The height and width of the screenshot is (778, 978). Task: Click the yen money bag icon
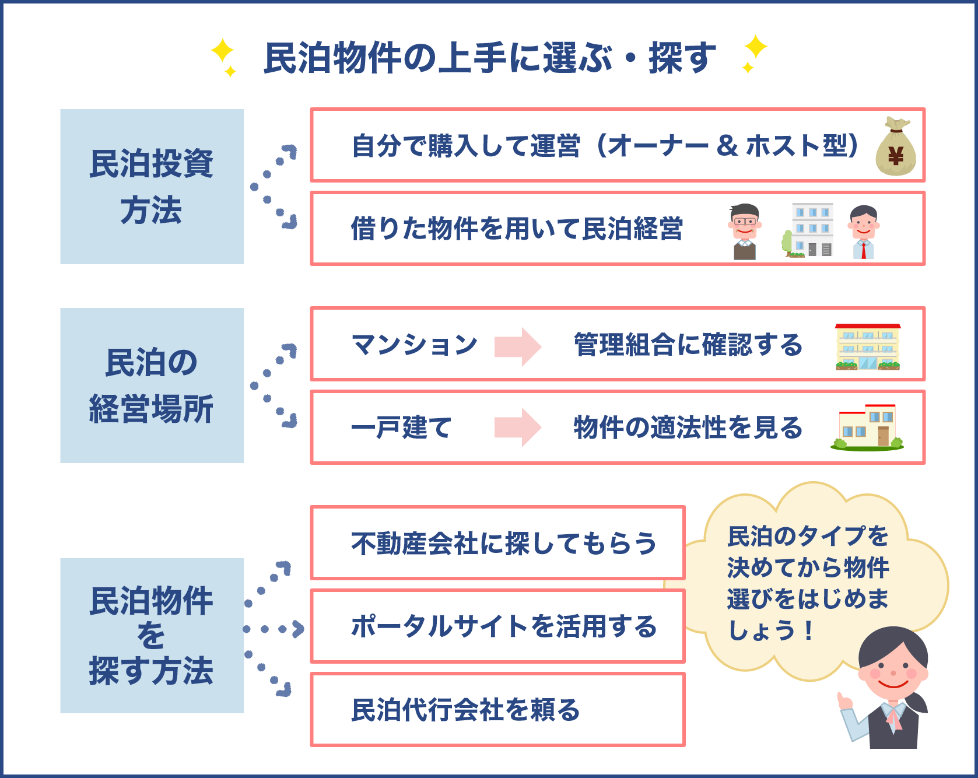point(896,147)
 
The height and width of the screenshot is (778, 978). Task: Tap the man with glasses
point(744,231)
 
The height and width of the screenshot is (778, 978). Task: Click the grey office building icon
point(810,230)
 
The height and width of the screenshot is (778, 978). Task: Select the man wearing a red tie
point(863,231)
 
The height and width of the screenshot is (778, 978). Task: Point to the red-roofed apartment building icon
point(868,346)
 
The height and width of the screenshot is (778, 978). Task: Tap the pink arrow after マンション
point(517,346)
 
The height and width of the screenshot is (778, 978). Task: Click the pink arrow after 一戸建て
point(517,427)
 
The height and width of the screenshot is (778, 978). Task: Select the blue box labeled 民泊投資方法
point(152,187)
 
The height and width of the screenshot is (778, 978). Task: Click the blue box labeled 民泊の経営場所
point(152,386)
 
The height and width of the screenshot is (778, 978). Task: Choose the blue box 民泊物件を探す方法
point(152,635)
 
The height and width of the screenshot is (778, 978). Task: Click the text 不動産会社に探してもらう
point(504,544)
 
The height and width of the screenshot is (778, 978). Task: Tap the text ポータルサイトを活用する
point(504,627)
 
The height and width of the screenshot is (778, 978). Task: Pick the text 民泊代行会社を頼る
point(465,710)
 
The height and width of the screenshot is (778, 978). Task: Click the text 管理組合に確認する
point(688,345)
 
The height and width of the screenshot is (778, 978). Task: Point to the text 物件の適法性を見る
point(688,427)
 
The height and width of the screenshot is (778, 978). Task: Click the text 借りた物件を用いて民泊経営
point(517,229)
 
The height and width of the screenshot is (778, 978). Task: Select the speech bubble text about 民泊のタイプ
point(808,583)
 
